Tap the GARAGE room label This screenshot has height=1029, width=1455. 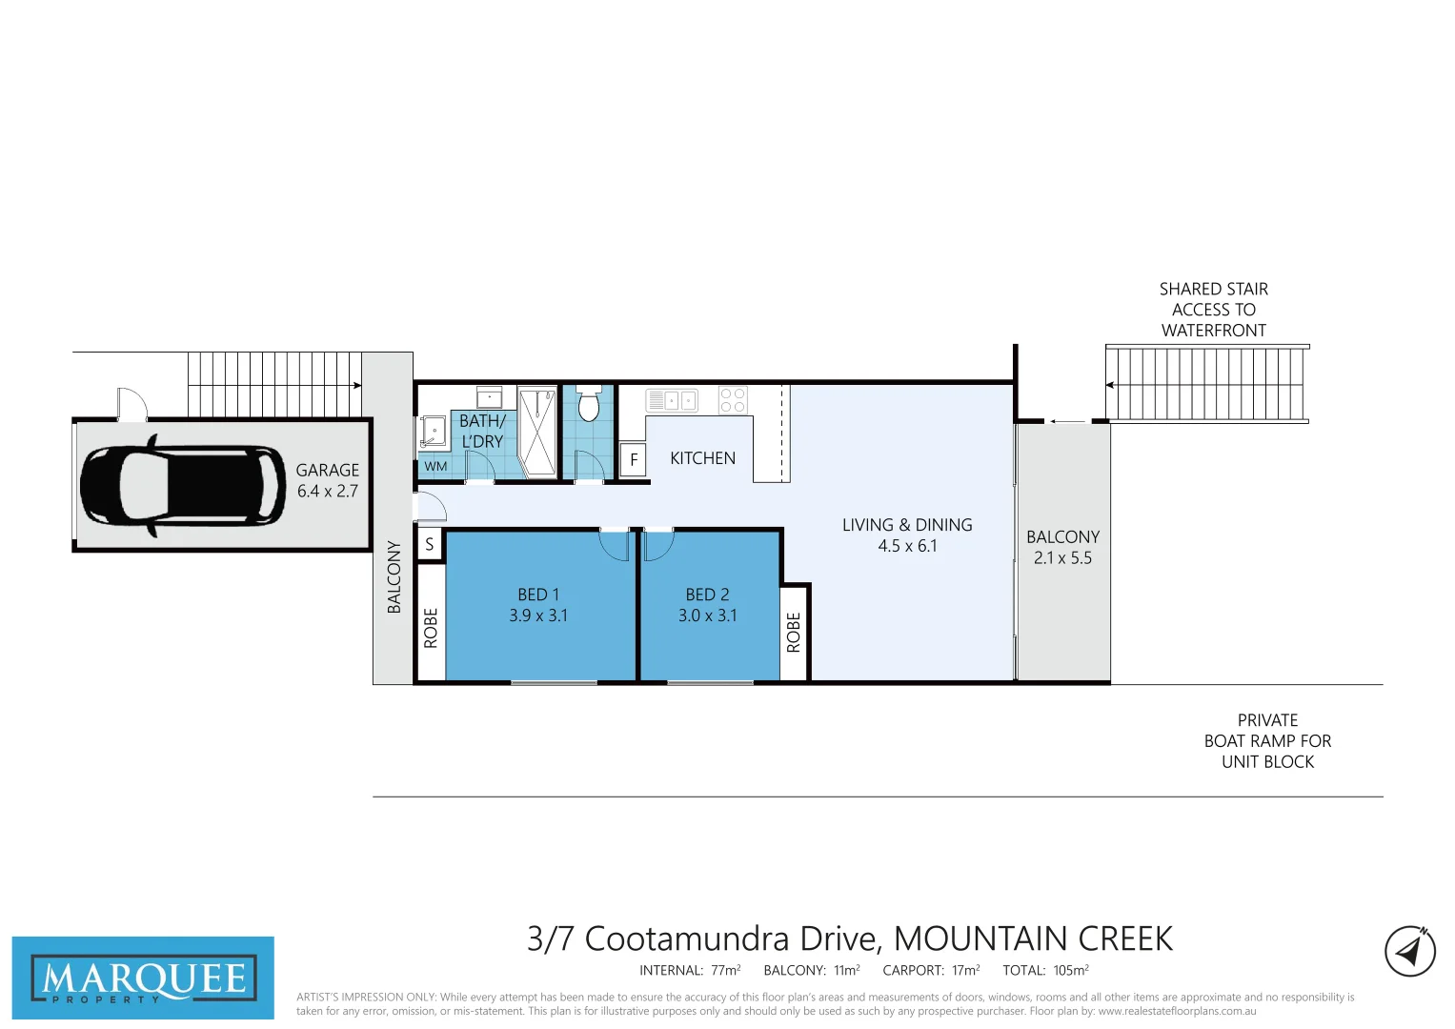click(x=327, y=470)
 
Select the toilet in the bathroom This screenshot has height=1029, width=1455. click(x=588, y=405)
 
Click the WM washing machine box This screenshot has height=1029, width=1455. click(x=435, y=467)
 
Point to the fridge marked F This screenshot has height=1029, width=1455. click(x=634, y=459)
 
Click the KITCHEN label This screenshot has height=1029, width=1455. click(x=702, y=458)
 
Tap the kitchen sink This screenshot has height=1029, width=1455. click(x=672, y=400)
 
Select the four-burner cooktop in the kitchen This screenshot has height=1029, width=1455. click(x=733, y=400)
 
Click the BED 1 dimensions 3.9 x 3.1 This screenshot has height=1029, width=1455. click(x=538, y=615)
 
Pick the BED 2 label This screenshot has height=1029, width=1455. click(x=707, y=595)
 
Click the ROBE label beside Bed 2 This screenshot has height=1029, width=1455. click(x=794, y=632)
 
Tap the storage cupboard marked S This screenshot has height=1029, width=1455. click(x=430, y=544)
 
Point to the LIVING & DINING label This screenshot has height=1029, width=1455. click(x=907, y=525)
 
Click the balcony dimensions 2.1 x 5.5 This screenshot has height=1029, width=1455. click(x=1062, y=558)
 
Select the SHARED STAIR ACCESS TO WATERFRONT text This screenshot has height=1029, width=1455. click(x=1213, y=310)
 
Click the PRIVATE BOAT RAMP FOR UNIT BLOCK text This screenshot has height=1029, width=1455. click(x=1267, y=741)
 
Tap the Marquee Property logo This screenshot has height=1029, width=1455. click(x=143, y=979)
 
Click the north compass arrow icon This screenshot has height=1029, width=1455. click(x=1409, y=951)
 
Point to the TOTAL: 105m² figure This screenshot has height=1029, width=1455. click(x=1045, y=970)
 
